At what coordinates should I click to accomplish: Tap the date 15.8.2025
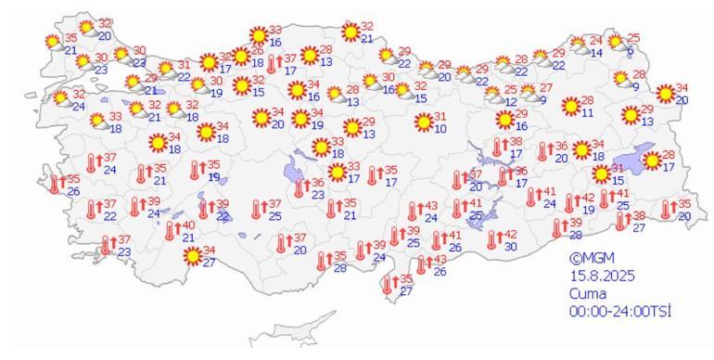(x=599, y=274)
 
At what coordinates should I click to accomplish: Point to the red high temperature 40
(x=187, y=225)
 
